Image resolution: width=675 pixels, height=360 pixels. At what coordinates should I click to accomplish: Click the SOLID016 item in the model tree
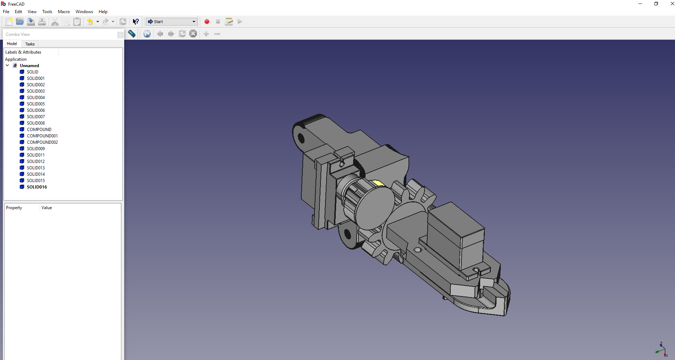(x=37, y=187)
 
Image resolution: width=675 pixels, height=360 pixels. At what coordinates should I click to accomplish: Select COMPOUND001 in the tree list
(x=42, y=136)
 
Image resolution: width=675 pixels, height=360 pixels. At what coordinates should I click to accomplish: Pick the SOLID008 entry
(x=36, y=123)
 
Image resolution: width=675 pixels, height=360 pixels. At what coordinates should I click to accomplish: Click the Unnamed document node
(x=29, y=66)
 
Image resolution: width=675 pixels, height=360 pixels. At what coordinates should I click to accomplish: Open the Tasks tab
(x=30, y=44)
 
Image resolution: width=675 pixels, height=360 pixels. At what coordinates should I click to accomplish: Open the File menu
(x=6, y=12)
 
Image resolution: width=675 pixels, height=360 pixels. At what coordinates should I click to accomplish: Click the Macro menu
(x=64, y=12)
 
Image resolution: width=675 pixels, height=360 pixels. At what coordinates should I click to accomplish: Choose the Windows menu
(x=84, y=12)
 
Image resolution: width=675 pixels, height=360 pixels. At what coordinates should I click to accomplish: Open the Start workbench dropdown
(x=171, y=22)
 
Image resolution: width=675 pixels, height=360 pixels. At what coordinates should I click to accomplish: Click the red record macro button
(x=207, y=22)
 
